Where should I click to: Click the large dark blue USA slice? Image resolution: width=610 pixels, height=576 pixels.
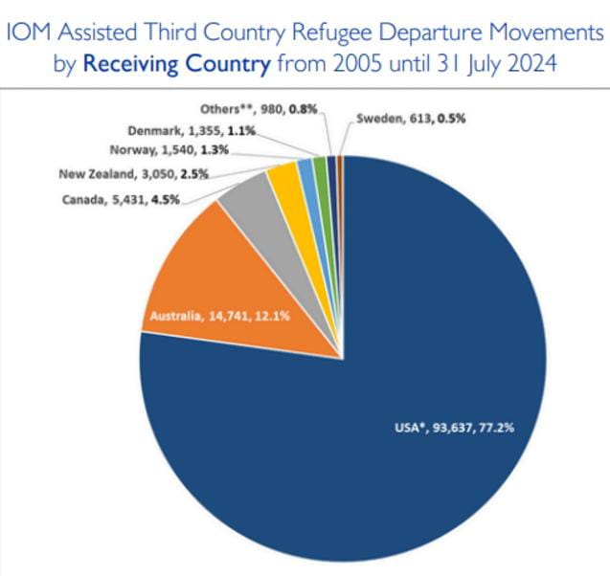383,402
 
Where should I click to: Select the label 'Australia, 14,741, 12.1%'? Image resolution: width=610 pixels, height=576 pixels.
209,316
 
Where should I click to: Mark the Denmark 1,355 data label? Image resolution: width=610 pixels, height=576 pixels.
192,129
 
